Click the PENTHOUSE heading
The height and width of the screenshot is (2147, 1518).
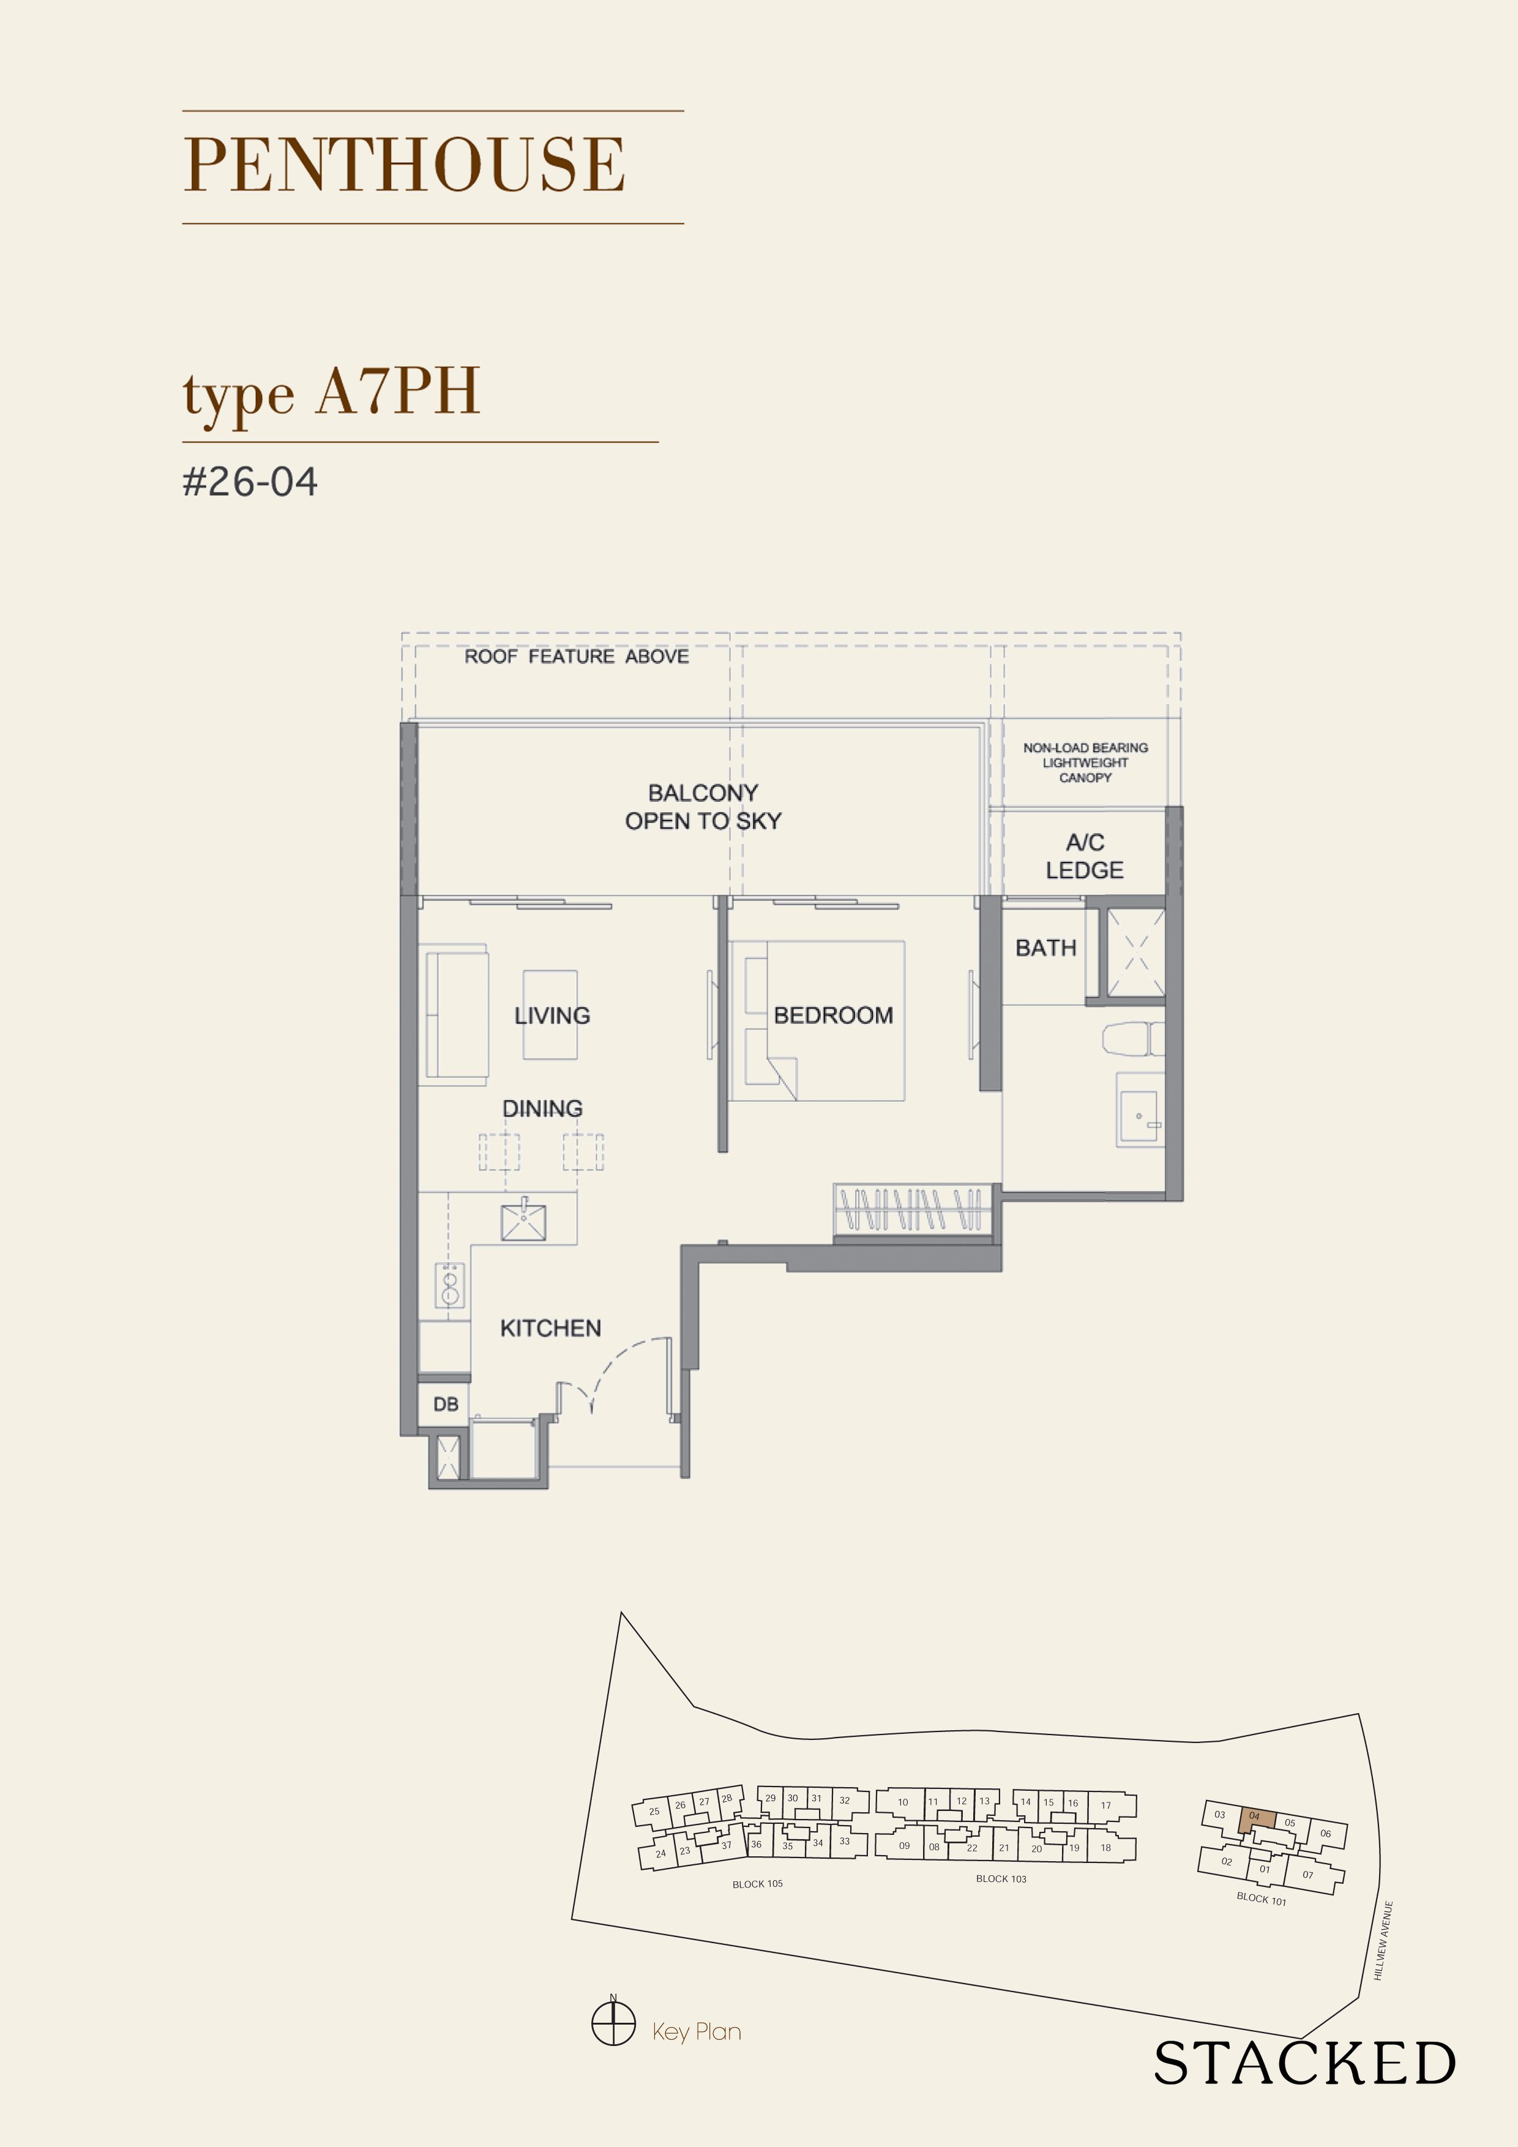click(x=404, y=165)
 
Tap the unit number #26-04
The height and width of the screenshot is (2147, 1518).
click(x=250, y=482)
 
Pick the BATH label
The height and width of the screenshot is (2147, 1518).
click(x=1045, y=948)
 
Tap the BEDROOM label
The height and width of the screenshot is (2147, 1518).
click(x=832, y=1015)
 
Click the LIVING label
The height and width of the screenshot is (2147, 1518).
click(x=552, y=1015)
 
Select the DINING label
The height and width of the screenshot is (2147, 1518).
click(x=542, y=1109)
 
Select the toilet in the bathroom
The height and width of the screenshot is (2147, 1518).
click(x=1132, y=1039)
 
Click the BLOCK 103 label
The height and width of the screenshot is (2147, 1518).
click(x=1001, y=1879)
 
